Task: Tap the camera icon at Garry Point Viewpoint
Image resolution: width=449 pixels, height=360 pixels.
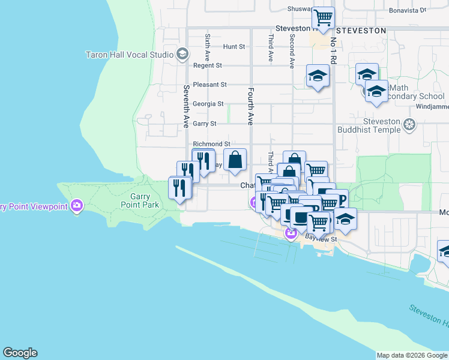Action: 76,206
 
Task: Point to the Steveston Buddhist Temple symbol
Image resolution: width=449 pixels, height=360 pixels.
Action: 409,125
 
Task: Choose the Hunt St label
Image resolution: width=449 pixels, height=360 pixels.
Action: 234,46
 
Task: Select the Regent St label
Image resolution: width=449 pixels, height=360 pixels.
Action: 208,65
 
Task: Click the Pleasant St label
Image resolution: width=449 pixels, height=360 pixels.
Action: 209,85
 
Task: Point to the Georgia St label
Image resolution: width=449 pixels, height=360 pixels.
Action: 208,104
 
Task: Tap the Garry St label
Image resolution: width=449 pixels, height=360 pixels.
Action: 205,124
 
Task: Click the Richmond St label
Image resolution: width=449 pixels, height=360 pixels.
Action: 211,144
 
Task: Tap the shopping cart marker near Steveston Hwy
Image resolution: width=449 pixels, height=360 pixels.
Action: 324,17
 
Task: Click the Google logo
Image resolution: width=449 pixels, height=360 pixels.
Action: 20,353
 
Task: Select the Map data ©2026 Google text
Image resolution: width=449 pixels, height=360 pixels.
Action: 412,355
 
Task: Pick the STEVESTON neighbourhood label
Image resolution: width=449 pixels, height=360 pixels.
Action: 361,29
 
